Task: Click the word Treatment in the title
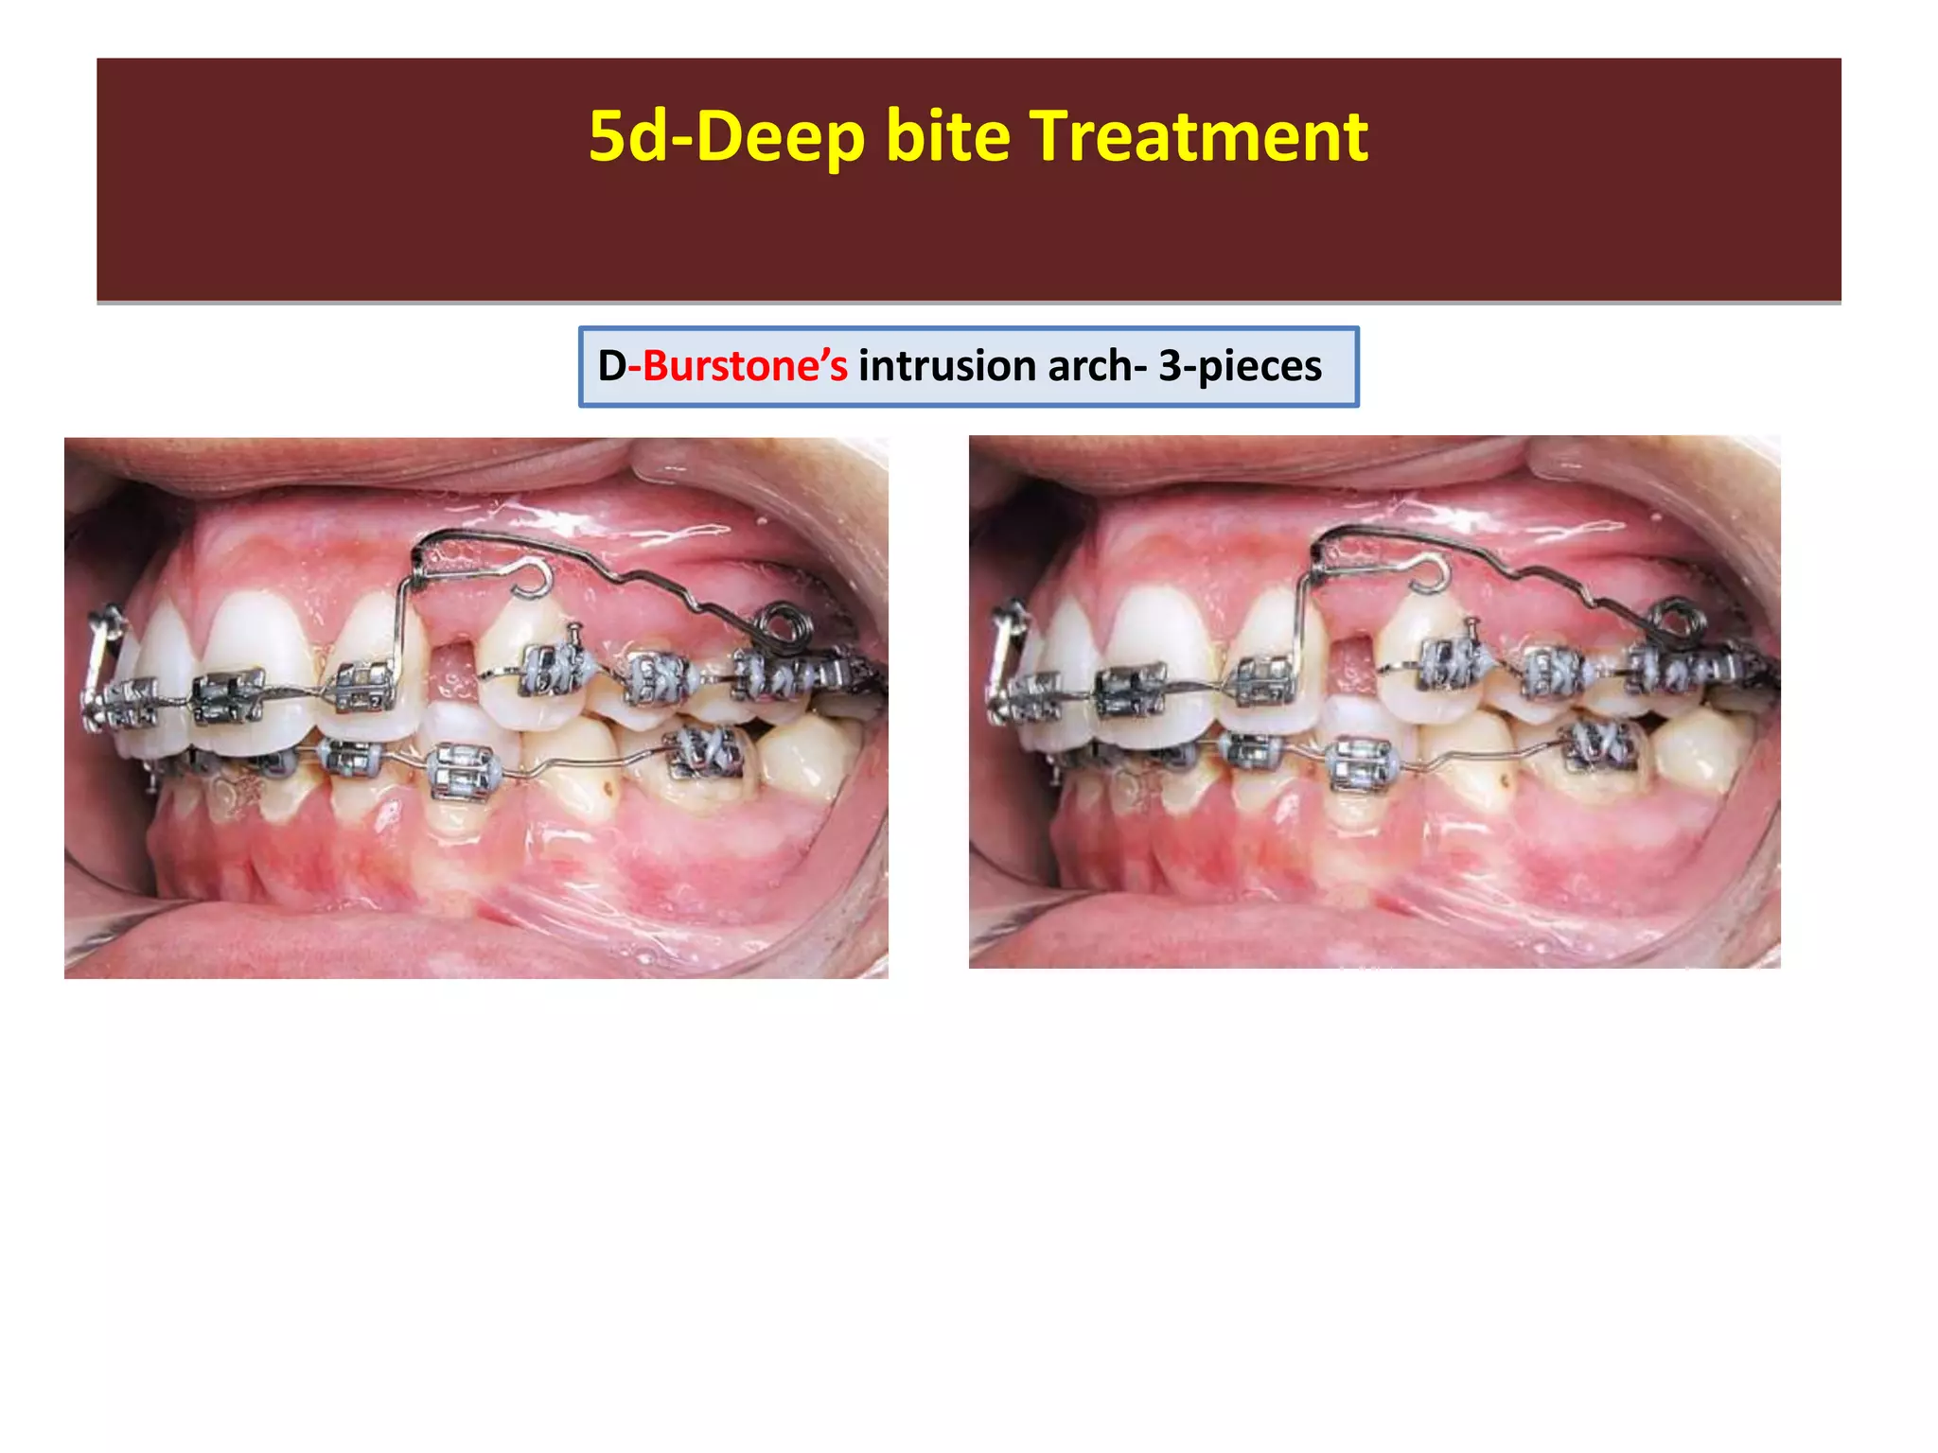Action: pos(1198,136)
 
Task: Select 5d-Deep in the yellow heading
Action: pos(726,138)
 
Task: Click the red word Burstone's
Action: pos(745,366)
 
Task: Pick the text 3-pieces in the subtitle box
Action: pos(1240,366)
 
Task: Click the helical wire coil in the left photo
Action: pos(783,622)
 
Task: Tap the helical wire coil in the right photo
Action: pos(1675,619)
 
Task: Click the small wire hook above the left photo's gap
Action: pos(532,578)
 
